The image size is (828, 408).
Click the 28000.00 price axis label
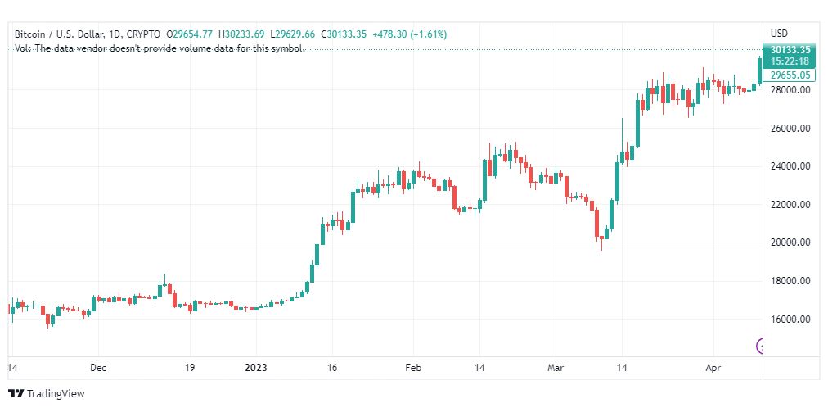(x=790, y=90)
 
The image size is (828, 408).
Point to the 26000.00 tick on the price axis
(x=790, y=129)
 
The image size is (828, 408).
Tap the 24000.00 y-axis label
(x=790, y=166)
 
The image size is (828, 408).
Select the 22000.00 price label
(x=790, y=205)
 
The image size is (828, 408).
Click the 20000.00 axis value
(x=790, y=243)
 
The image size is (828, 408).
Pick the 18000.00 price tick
(x=790, y=281)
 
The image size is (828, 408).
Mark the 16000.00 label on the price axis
(x=790, y=319)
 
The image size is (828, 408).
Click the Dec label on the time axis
(x=99, y=369)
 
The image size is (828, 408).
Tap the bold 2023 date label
(x=257, y=369)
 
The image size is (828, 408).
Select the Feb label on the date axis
(x=413, y=369)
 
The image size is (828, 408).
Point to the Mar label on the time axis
(x=556, y=369)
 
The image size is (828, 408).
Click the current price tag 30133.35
(x=789, y=50)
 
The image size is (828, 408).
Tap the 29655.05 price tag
(x=789, y=75)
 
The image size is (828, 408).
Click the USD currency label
(x=779, y=34)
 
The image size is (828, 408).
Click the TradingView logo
(x=47, y=394)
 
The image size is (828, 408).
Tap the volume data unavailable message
(x=160, y=48)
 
